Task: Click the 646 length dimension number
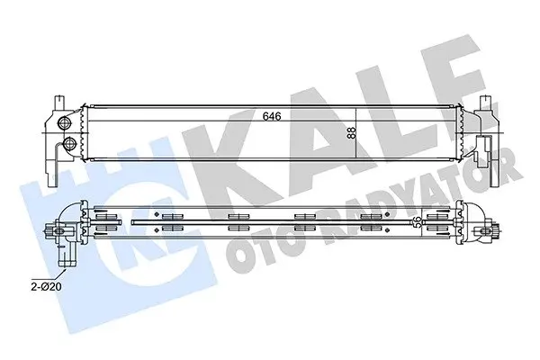click(272, 116)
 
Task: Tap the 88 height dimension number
click(351, 133)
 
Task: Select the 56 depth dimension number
click(417, 221)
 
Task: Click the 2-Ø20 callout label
click(46, 286)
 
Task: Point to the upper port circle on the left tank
click(64, 123)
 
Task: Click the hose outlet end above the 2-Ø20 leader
click(67, 263)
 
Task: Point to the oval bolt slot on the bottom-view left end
click(59, 230)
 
